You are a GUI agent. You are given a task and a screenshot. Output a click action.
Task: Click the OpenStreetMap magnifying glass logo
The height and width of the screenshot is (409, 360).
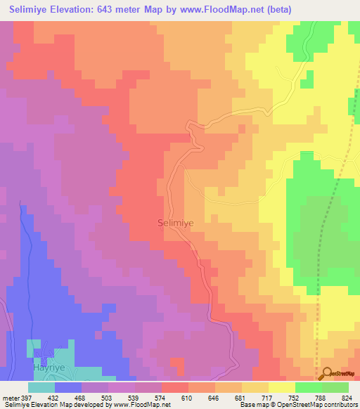click(x=328, y=375)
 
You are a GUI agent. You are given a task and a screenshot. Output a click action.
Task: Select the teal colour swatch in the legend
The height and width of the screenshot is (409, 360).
click(x=41, y=387)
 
